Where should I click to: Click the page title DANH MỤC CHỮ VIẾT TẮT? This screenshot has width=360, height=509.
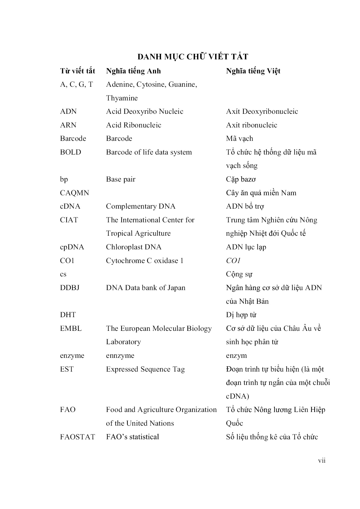pyautogui.click(x=193, y=57)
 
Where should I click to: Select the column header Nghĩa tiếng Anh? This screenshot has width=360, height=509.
pyautogui.click(x=133, y=71)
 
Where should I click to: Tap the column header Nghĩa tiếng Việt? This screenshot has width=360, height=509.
pyautogui.click(x=253, y=71)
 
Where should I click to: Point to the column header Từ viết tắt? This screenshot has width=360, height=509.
pyautogui.click(x=77, y=71)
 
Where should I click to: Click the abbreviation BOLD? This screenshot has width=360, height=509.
pyautogui.click(x=71, y=152)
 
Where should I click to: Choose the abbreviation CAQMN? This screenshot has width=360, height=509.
pyautogui.click(x=74, y=193)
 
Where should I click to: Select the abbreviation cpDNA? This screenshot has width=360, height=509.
pyautogui.click(x=72, y=247)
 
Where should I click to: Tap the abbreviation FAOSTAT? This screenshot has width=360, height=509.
pyautogui.click(x=77, y=437)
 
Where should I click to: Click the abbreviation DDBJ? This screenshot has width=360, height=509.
pyautogui.click(x=70, y=288)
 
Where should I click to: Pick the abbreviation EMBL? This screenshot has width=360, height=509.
pyautogui.click(x=71, y=328)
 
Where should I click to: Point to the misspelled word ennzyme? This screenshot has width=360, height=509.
pyautogui.click(x=120, y=355)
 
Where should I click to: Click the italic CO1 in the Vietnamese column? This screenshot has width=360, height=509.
pyautogui.click(x=233, y=261)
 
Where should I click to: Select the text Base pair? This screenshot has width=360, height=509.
pyautogui.click(x=121, y=179)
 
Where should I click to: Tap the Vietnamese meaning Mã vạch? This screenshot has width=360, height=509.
pyautogui.click(x=239, y=138)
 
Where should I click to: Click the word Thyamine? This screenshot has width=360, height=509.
pyautogui.click(x=122, y=98)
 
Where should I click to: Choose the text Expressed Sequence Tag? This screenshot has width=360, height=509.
pyautogui.click(x=145, y=369)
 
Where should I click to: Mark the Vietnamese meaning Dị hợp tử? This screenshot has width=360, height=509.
pyautogui.click(x=241, y=315)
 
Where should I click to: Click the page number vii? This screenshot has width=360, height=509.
pyautogui.click(x=322, y=460)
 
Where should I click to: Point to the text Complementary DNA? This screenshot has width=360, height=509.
pyautogui.click(x=141, y=206)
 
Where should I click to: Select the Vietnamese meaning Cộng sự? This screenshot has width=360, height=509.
pyautogui.click(x=239, y=274)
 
